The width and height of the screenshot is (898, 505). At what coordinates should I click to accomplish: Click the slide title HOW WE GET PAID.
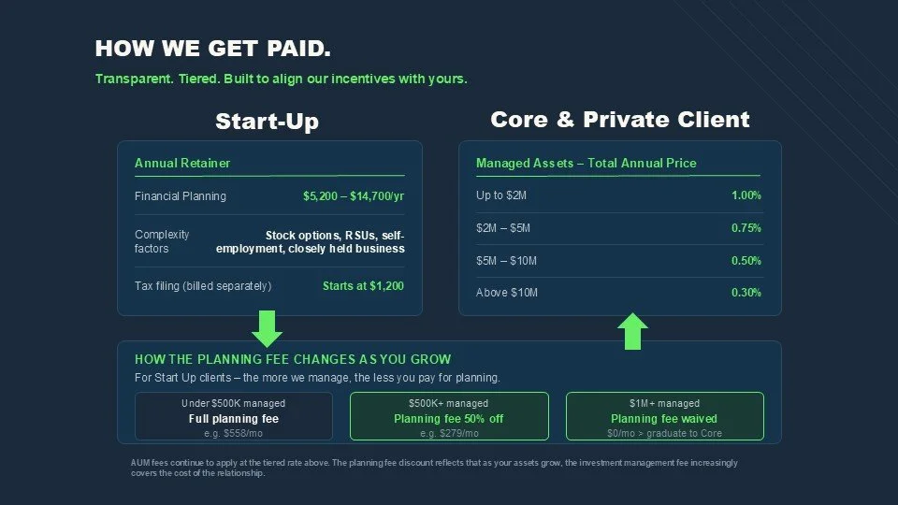click(x=213, y=49)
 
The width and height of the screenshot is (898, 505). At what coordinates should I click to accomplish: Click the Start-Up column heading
click(x=267, y=122)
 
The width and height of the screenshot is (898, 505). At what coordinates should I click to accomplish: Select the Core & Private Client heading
click(x=619, y=120)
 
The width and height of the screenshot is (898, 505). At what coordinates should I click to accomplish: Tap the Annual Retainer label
click(x=182, y=163)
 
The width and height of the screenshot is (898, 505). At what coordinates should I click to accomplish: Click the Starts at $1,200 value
click(x=363, y=286)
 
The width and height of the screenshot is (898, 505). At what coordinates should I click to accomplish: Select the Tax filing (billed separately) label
click(x=203, y=286)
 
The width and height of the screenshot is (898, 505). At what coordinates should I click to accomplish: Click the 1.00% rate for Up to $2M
click(x=746, y=195)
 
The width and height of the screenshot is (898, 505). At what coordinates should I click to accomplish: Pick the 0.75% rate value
click(x=746, y=228)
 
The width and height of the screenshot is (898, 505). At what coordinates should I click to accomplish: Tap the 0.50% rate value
click(x=746, y=261)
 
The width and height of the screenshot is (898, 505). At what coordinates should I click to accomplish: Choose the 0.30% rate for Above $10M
click(x=746, y=293)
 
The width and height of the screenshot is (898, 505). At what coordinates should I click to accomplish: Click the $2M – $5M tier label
click(x=502, y=228)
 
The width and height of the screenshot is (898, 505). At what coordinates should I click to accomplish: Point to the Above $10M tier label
click(x=507, y=293)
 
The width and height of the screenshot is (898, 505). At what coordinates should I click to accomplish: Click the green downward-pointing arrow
click(x=268, y=328)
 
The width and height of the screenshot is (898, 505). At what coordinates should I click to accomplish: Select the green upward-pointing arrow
click(x=633, y=331)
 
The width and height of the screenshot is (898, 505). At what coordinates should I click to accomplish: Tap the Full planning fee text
click(x=234, y=419)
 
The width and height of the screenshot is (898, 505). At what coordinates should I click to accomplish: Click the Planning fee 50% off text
click(x=448, y=419)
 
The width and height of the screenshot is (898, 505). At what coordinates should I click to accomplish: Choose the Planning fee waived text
click(x=664, y=419)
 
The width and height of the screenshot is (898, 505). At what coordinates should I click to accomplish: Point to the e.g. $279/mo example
click(x=449, y=434)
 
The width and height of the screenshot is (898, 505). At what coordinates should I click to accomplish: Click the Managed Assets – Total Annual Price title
click(x=587, y=163)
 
